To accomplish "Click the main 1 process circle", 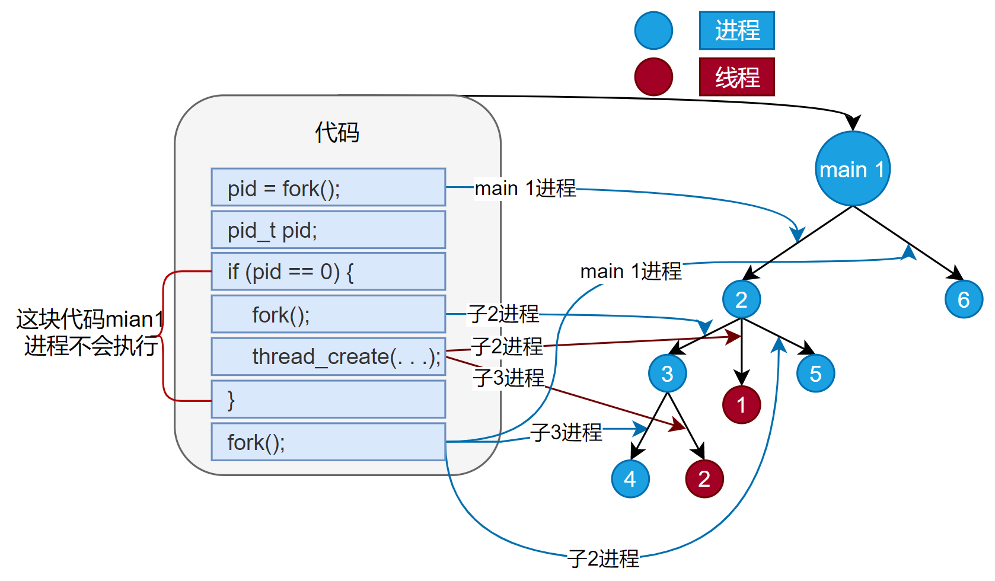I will (x=852, y=170).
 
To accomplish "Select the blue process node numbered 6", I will (x=963, y=299).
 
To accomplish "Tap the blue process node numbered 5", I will (x=815, y=373).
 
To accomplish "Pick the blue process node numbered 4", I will (x=630, y=478).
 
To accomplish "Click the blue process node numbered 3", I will (x=667, y=373).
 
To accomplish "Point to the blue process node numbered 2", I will (x=741, y=299).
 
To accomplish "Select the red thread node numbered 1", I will (x=741, y=405).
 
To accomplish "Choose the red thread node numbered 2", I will (x=704, y=478).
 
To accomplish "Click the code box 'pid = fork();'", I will (x=328, y=188).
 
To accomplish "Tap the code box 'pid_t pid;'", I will (x=328, y=230).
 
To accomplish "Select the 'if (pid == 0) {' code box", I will (x=328, y=272).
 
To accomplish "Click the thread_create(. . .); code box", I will (x=328, y=356).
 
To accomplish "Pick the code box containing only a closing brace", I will (x=328, y=399).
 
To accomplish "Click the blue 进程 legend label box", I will (x=736, y=30).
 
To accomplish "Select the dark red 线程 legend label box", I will (x=736, y=77).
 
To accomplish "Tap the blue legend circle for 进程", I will (x=653, y=30).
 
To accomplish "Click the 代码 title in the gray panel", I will (x=337, y=132).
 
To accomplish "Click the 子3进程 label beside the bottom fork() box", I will (x=566, y=432).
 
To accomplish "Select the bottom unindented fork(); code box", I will (x=328, y=442).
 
